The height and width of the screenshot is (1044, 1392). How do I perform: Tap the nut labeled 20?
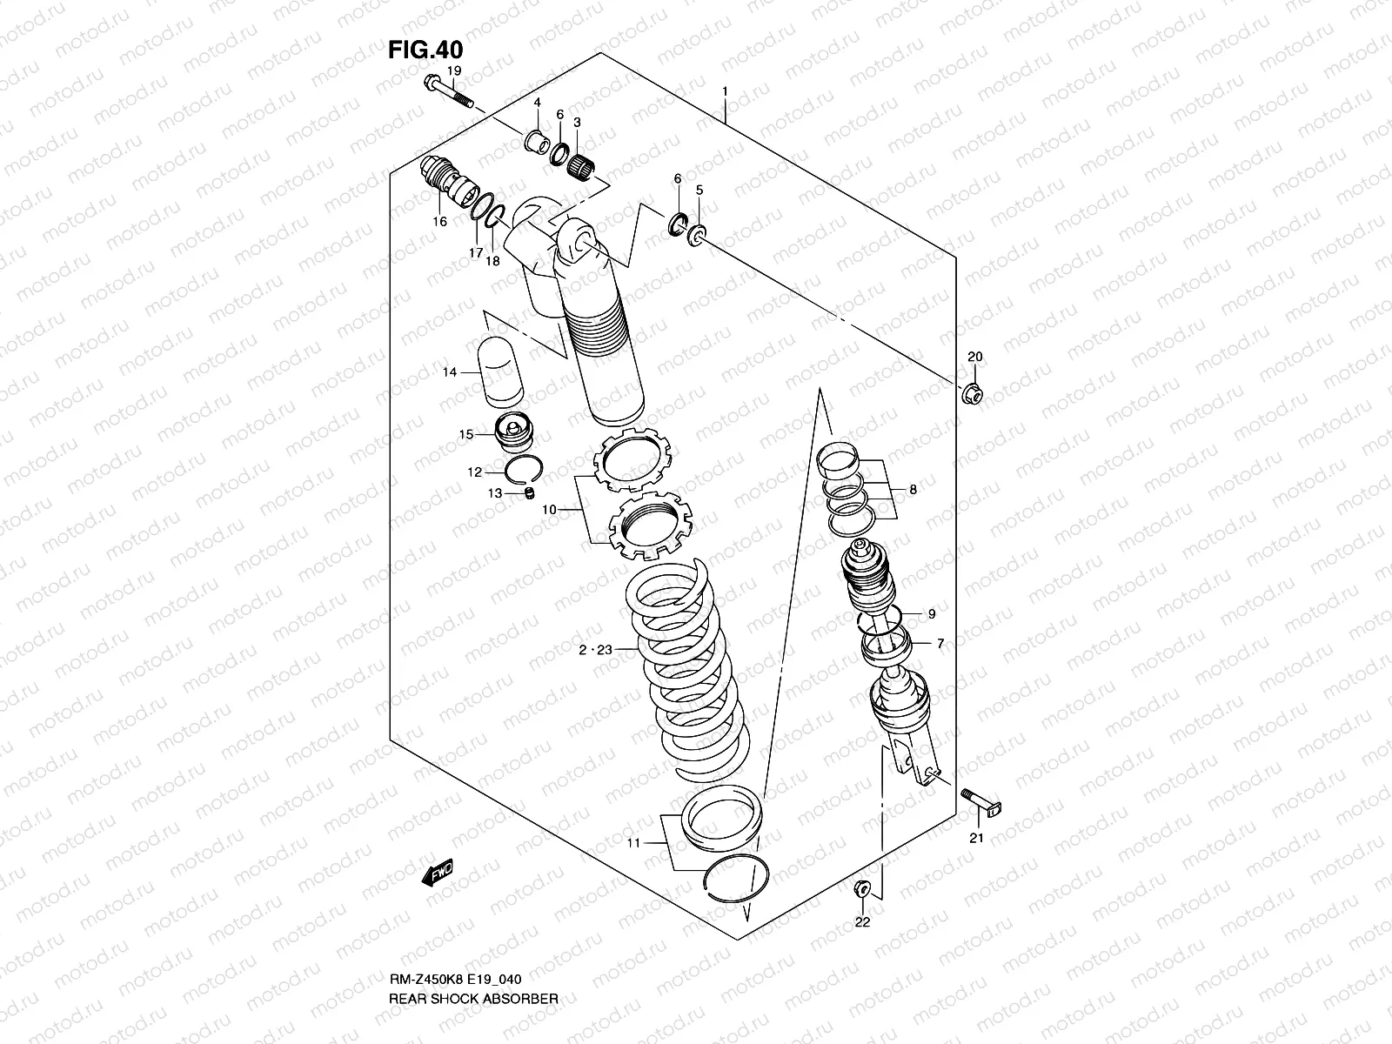click(974, 394)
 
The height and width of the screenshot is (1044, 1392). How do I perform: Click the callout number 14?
click(450, 372)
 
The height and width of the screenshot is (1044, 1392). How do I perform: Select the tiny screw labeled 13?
click(526, 494)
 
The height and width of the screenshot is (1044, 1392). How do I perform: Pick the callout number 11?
click(633, 843)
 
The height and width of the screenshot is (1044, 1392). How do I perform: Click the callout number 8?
click(913, 490)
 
